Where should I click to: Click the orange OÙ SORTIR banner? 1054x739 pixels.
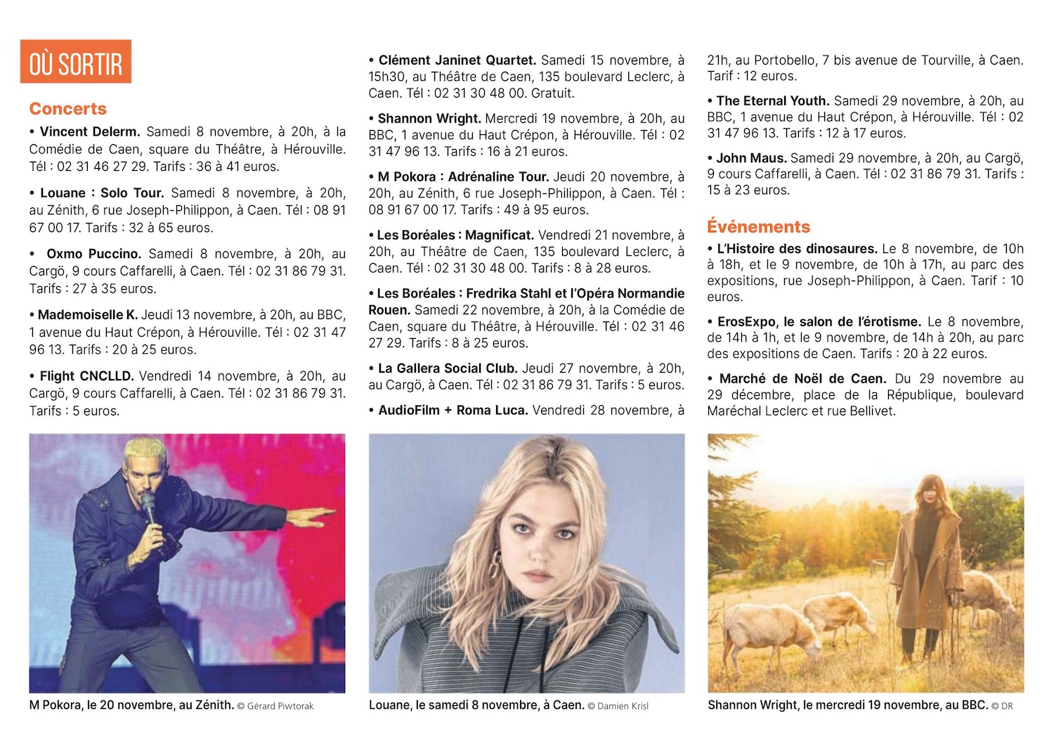(76, 62)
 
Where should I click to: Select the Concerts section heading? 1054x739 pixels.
(68, 109)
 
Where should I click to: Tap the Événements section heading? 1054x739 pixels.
(758, 227)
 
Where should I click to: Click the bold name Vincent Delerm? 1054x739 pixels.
(90, 132)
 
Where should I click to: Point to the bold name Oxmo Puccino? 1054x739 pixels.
(93, 254)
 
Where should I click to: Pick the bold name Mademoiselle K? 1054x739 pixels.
(88, 315)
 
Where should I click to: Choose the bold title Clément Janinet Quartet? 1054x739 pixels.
(457, 60)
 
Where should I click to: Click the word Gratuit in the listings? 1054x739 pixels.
(551, 93)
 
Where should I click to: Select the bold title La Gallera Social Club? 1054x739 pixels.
(448, 368)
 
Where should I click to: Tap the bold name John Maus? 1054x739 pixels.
(751, 158)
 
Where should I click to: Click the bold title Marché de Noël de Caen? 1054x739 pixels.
(802, 379)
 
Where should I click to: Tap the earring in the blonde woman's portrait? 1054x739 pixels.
(496, 563)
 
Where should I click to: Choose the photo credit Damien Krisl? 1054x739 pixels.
(623, 706)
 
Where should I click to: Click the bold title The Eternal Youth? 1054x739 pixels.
(772, 101)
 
